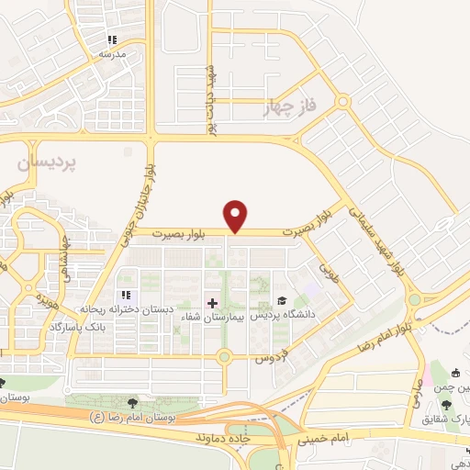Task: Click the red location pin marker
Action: (x=237, y=215)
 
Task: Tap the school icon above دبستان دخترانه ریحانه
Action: (x=127, y=296)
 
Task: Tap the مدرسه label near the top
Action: (x=111, y=54)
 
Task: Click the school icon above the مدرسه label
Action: (x=112, y=40)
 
